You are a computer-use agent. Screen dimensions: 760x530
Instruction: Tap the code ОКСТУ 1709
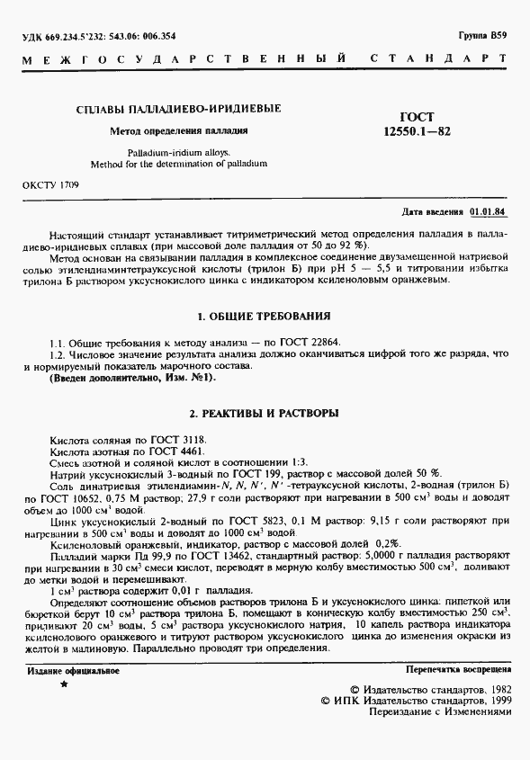(50, 184)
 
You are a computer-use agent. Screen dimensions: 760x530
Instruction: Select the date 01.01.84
(488, 212)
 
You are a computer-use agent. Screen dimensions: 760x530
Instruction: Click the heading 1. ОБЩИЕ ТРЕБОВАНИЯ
(264, 317)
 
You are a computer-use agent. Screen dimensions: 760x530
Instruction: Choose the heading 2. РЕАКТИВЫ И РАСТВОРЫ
(264, 413)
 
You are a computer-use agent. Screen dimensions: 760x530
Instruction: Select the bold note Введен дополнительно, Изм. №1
(134, 378)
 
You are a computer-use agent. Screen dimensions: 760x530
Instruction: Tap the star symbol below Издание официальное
(63, 685)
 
